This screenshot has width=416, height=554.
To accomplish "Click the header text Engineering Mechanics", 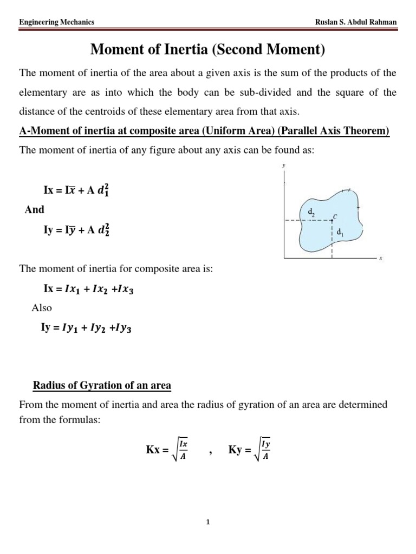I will click(x=57, y=22).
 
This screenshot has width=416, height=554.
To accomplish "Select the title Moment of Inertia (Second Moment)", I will click(x=208, y=50).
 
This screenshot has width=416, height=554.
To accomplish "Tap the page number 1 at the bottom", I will click(x=208, y=522).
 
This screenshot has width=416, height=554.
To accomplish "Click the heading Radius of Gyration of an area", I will click(x=102, y=386).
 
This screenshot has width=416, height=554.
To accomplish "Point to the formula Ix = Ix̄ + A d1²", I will click(x=79, y=190).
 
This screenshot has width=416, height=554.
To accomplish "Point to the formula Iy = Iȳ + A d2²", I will click(x=79, y=229).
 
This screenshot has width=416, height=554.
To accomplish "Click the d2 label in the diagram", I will click(x=311, y=213).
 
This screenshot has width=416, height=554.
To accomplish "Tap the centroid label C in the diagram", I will click(x=335, y=216).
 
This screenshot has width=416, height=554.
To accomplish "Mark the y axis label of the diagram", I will click(x=283, y=167).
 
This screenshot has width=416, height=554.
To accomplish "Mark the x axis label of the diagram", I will click(x=381, y=259).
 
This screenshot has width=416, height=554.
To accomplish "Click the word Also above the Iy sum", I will click(x=42, y=308).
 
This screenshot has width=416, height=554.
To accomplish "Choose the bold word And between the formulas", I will click(x=35, y=209).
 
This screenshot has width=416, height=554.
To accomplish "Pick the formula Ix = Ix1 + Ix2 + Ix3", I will click(x=88, y=289).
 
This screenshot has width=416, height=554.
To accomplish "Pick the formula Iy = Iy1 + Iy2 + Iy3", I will click(x=88, y=327).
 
